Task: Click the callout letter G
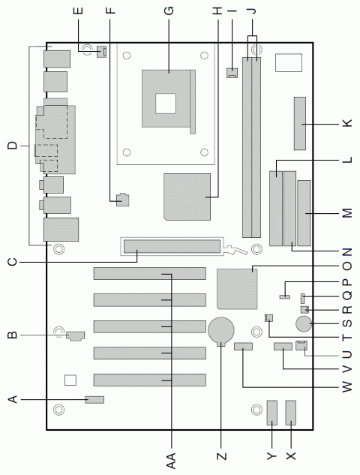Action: [x=169, y=11]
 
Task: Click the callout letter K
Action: [x=346, y=123]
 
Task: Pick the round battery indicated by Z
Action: [x=221, y=329]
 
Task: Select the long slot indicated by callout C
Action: [x=172, y=246]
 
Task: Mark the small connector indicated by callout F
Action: [x=122, y=200]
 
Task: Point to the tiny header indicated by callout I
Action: [x=232, y=73]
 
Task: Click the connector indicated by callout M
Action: [x=304, y=214]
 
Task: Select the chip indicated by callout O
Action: [x=236, y=287]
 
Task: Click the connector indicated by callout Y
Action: [x=271, y=413]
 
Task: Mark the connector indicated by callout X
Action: [x=291, y=413]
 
